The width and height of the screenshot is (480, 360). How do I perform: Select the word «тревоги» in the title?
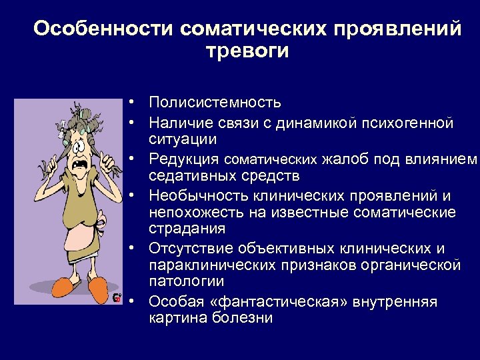[x=248, y=51]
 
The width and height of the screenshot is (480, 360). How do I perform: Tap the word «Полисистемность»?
[x=215, y=103]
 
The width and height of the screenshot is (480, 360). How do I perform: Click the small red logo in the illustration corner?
[x=117, y=297]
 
